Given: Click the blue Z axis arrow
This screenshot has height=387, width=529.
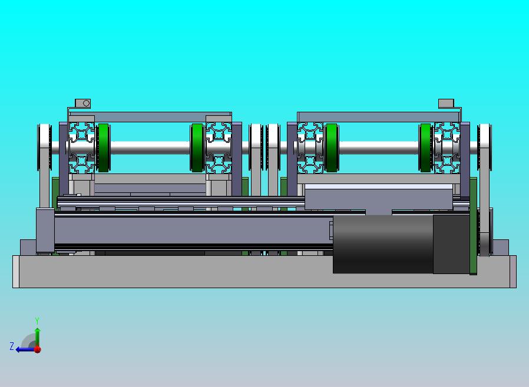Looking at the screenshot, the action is (25, 349).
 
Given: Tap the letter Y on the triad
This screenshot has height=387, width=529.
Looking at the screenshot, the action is (37, 321).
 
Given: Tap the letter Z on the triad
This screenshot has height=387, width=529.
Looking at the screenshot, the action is (12, 346).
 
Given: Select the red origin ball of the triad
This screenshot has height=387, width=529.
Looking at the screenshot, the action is (38, 349).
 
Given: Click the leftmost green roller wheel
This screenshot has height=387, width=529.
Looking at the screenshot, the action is (103, 148).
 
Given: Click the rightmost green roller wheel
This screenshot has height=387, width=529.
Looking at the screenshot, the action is (425, 148).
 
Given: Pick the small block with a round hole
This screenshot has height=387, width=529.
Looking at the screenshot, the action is (82, 103).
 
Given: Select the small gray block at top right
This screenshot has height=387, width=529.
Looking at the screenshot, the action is (446, 104).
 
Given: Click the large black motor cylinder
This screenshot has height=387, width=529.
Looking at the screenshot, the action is (383, 244).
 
